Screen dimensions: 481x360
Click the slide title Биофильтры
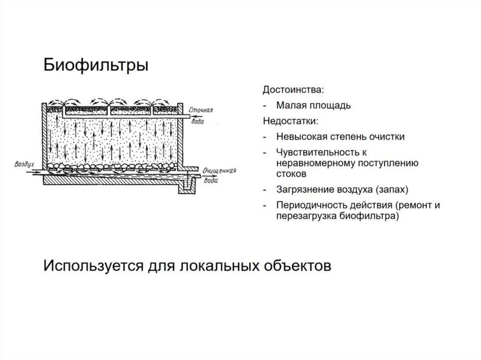[96, 65]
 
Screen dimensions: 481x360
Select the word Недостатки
[289, 121]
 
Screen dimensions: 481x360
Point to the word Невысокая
[300, 137]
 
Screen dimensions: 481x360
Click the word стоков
[291, 174]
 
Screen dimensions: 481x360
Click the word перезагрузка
[305, 216]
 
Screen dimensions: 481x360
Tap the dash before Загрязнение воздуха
[266, 190]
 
